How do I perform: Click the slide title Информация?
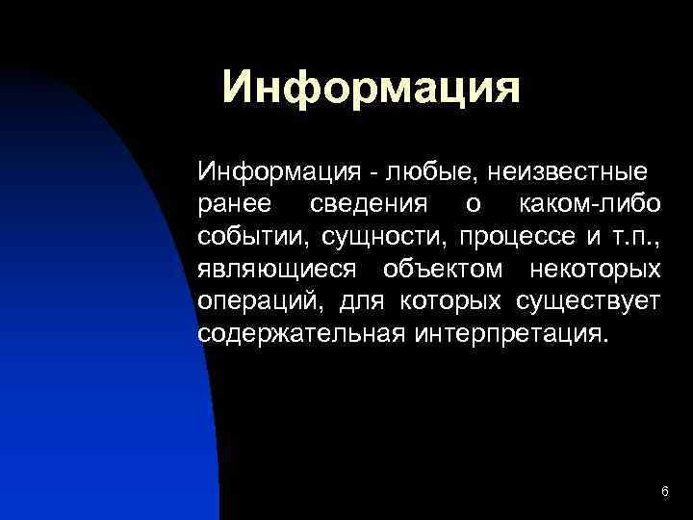tap(371, 89)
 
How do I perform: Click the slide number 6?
tap(665, 492)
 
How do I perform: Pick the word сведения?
tap(368, 205)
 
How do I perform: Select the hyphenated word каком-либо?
tap(589, 205)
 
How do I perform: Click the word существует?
tap(588, 302)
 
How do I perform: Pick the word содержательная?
tap(300, 334)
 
